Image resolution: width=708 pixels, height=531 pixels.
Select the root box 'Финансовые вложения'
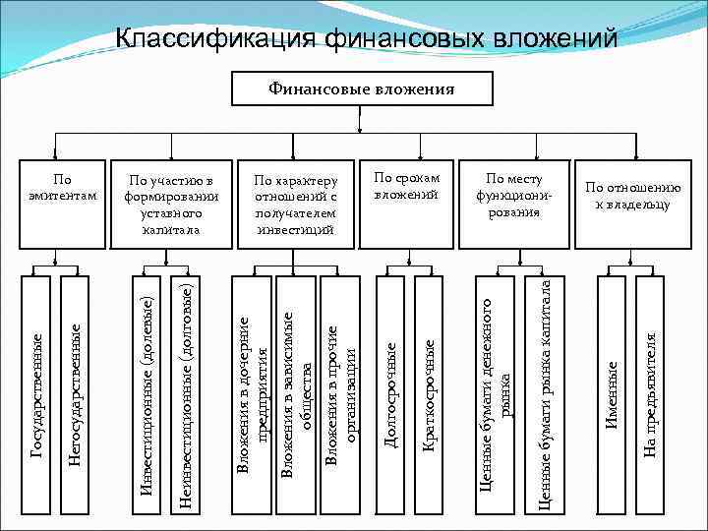[361, 89]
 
